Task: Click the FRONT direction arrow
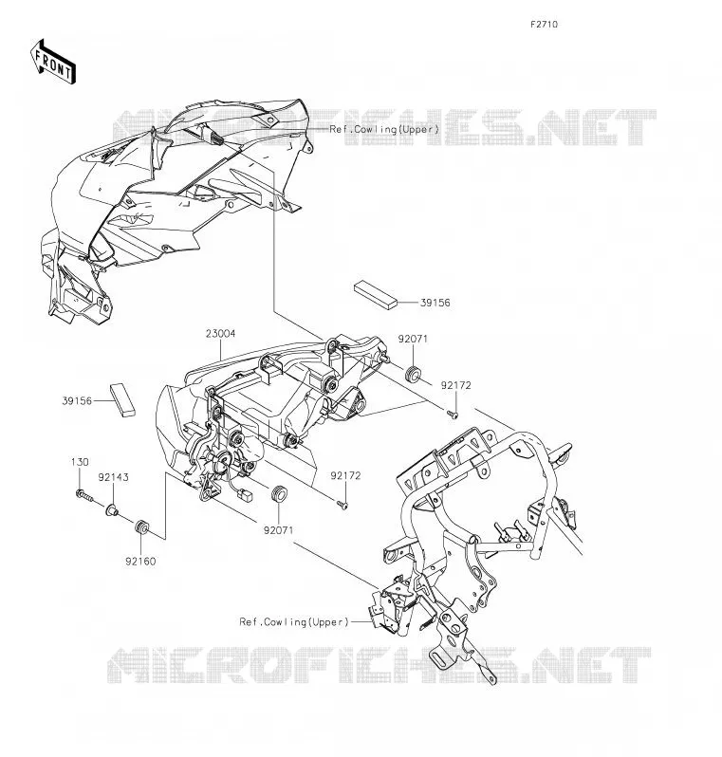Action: pyautogui.click(x=53, y=62)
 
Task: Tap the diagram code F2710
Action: pyautogui.click(x=544, y=24)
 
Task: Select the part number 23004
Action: pyautogui.click(x=221, y=334)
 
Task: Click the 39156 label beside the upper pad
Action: pyautogui.click(x=435, y=303)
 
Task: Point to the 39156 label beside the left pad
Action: pyautogui.click(x=77, y=400)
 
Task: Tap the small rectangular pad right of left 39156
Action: pyautogui.click(x=122, y=399)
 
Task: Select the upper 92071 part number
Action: pyautogui.click(x=413, y=339)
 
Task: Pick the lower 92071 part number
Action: pyautogui.click(x=278, y=529)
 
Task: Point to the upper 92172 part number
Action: pyautogui.click(x=456, y=385)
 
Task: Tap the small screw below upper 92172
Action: pyautogui.click(x=453, y=415)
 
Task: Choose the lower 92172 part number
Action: pyautogui.click(x=345, y=475)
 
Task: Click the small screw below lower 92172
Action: pyautogui.click(x=342, y=505)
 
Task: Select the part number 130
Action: pyautogui.click(x=80, y=462)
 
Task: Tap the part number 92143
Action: pyautogui.click(x=114, y=477)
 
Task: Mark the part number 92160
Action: pyautogui.click(x=140, y=561)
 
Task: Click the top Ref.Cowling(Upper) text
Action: pyautogui.click(x=384, y=129)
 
